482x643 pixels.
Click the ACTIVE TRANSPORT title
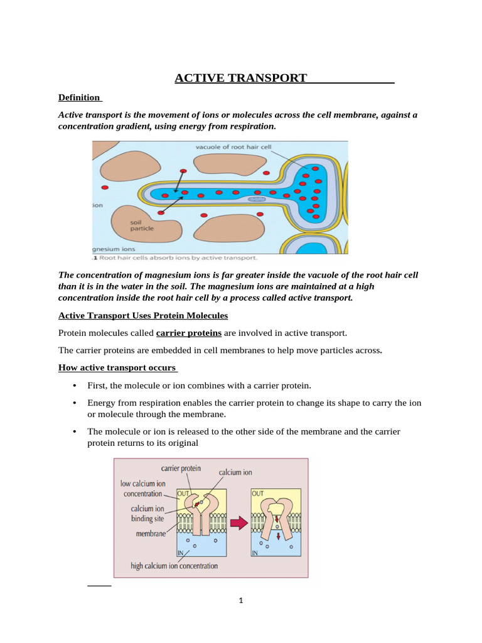tap(240, 78)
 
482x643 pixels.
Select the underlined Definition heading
tap(79, 97)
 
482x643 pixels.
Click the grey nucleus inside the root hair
tap(257, 199)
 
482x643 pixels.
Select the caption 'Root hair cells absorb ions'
tap(175, 257)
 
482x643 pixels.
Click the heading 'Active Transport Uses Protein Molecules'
tap(143, 315)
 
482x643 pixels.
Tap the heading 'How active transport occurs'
tap(117, 367)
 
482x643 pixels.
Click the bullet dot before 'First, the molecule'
tap(75, 385)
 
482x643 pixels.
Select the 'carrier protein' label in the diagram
tap(181, 468)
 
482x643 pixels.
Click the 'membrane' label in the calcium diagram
tap(151, 534)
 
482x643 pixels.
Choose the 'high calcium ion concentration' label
tap(174, 566)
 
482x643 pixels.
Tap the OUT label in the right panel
tap(258, 494)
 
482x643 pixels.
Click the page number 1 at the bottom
tap(240, 600)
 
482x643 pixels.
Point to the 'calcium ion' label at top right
tap(235, 473)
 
